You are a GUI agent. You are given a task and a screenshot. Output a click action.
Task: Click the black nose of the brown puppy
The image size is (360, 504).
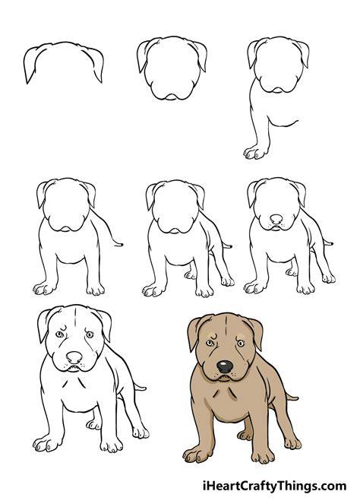pyautogui.click(x=225, y=366)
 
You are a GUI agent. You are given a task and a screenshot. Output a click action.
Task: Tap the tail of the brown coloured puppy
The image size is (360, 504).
pyautogui.click(x=291, y=397)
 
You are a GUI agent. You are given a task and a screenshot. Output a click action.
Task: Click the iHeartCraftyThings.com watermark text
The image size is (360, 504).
pyautogui.click(x=275, y=485)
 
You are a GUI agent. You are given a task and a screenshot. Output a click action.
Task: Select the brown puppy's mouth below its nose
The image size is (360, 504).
pyautogui.click(x=225, y=377)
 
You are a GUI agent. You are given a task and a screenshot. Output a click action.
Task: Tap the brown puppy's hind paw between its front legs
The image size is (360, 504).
pyautogui.click(x=245, y=435)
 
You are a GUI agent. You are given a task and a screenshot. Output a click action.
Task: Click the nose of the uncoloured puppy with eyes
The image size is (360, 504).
pyautogui.click(x=74, y=357)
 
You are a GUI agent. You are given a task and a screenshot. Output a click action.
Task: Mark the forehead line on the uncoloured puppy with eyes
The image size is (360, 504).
pyautogui.click(x=75, y=316)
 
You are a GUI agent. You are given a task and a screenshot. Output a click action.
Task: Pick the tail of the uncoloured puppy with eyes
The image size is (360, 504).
pyautogui.click(x=140, y=387)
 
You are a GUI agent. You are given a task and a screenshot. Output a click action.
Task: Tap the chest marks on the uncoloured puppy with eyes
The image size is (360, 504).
pyautogui.click(x=74, y=384)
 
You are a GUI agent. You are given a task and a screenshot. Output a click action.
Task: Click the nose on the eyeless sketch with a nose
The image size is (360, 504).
pyautogui.click(x=276, y=219)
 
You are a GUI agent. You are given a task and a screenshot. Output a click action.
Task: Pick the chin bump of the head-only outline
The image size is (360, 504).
pyautogui.click(x=172, y=97)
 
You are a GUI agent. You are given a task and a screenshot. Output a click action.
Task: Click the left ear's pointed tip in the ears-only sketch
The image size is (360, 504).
pyautogui.click(x=27, y=84)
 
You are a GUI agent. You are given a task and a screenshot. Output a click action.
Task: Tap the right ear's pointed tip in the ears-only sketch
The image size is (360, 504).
pyautogui.click(x=101, y=82)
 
